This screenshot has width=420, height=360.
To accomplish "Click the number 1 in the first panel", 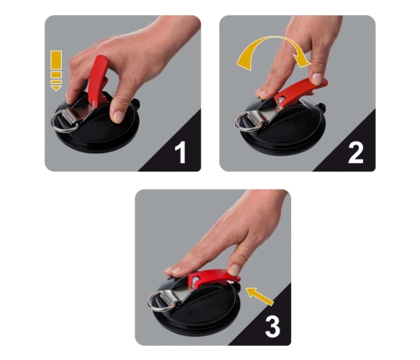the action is (x=181, y=152).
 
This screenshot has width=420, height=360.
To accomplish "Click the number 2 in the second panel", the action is (x=356, y=152).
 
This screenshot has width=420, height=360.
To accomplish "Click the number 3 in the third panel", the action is (x=273, y=327).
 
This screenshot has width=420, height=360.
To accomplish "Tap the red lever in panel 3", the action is (x=213, y=278).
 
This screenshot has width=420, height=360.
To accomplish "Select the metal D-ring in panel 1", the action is (x=64, y=122).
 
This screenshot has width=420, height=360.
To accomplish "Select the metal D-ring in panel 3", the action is (x=161, y=301).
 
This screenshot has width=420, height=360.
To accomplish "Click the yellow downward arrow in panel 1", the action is (x=56, y=70).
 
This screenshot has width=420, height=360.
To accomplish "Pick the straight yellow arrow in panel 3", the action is (x=259, y=296).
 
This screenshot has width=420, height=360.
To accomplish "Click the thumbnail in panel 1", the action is (x=118, y=116).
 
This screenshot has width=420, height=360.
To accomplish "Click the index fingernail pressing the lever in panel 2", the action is (x=317, y=78).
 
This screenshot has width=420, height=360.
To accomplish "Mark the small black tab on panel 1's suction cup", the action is (x=136, y=102).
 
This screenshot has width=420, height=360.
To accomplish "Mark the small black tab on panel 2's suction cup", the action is (x=322, y=107).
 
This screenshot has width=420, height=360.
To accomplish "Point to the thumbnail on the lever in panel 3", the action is (x=234, y=270).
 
